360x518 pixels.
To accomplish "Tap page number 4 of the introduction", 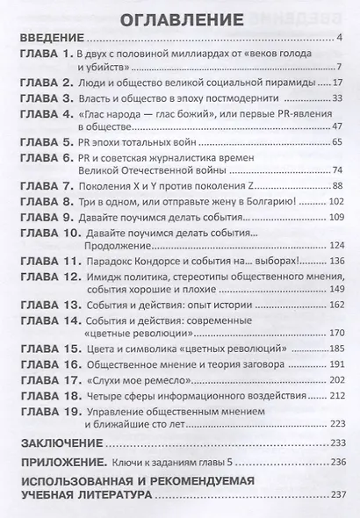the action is [338, 39].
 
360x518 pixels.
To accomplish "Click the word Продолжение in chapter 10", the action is [120, 245].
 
